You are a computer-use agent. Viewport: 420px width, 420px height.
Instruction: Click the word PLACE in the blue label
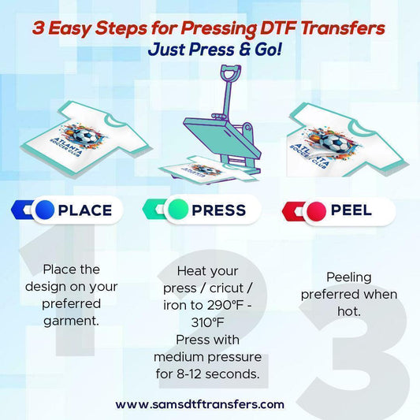85,210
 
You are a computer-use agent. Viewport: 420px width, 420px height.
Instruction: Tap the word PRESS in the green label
219,210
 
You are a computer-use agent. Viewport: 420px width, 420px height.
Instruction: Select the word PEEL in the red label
351,210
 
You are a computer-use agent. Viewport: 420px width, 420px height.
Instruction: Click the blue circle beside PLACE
45,210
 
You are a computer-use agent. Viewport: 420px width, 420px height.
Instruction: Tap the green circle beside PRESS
178,210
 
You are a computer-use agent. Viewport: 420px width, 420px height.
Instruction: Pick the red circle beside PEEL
316,211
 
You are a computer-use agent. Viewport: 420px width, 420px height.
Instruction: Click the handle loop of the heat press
231,72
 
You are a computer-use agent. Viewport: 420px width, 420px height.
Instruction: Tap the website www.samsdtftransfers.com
200,404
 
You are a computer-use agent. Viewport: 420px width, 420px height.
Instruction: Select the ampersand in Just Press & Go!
243,50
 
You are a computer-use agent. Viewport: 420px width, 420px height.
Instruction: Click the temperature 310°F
207,322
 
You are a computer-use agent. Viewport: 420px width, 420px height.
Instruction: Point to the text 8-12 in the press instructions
188,374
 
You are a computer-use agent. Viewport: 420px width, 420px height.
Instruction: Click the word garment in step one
71,321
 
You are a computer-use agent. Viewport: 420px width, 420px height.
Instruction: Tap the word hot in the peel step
349,311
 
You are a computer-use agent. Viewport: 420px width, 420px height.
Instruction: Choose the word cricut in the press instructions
227,288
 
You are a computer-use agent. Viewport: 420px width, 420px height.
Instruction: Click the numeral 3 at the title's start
39,28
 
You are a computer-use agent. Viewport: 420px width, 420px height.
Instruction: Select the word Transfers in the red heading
343,28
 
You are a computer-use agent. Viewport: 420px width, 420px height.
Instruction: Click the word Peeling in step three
349,278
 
